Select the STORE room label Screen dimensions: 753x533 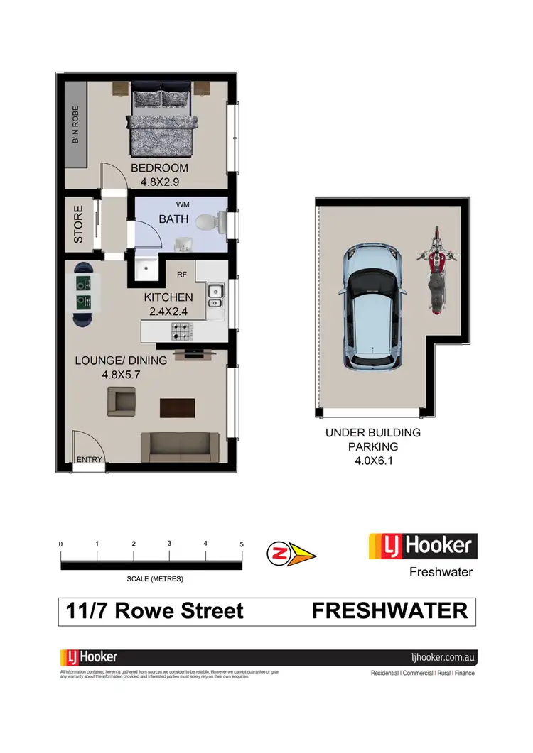(x=78, y=224)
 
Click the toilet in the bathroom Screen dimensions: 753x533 (x=206, y=223)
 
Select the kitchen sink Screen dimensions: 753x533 (x=215, y=297)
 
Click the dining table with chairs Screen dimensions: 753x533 (x=85, y=294)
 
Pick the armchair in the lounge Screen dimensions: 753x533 (x=122, y=402)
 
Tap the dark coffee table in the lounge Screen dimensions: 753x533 (x=178, y=408)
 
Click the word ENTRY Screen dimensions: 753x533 (x=90, y=460)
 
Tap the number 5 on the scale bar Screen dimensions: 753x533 (x=242, y=544)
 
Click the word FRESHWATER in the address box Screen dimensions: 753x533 (x=389, y=610)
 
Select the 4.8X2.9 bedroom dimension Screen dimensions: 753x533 (x=159, y=182)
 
